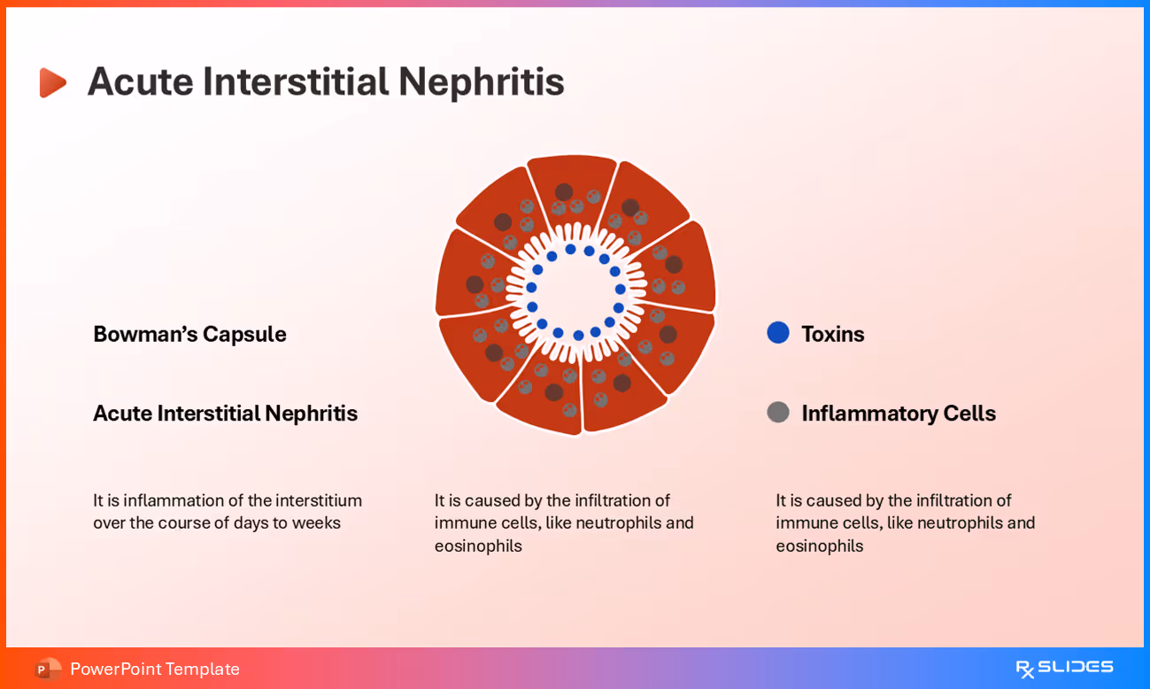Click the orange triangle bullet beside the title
[52, 82]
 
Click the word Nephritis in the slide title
[481, 81]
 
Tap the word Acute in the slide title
[140, 81]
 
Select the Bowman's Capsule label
[189, 334]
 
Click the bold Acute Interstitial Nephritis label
[225, 414]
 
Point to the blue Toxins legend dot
[778, 333]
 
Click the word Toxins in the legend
[832, 334]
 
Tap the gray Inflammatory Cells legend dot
[778, 413]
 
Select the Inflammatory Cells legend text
[899, 414]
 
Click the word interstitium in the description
[319, 500]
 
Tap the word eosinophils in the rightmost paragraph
[819, 546]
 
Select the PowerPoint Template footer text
[155, 669]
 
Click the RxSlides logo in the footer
[1064, 668]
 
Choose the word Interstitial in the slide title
[296, 81]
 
